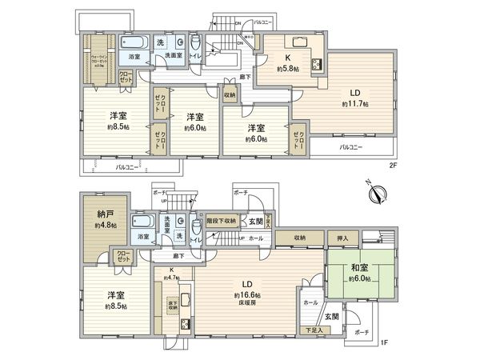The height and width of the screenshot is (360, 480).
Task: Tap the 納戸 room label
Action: pyautogui.click(x=105, y=214)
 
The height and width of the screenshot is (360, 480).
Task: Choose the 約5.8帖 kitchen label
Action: pyautogui.click(x=286, y=70)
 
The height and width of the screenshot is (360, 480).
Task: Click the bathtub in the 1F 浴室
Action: pyautogui.click(x=142, y=222)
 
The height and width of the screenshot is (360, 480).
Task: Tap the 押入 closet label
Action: pyautogui.click(x=339, y=238)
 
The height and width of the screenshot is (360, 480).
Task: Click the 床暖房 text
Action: pyautogui.click(x=245, y=304)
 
